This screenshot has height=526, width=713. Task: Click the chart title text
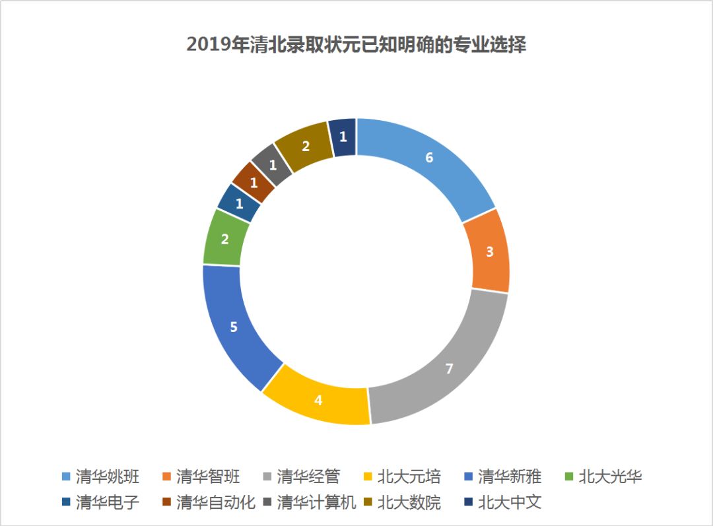tap(356, 46)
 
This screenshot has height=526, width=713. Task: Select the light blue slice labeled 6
tap(428, 158)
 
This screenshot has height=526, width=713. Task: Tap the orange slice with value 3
tap(489, 251)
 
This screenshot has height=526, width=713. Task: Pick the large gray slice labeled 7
tap(449, 368)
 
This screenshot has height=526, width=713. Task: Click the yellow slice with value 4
tap(318, 399)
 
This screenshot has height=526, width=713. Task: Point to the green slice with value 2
tap(224, 239)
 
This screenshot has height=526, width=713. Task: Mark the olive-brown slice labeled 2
tap(305, 146)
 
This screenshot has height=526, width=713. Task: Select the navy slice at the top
tap(343, 137)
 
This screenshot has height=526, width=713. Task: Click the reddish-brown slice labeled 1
tap(253, 181)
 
